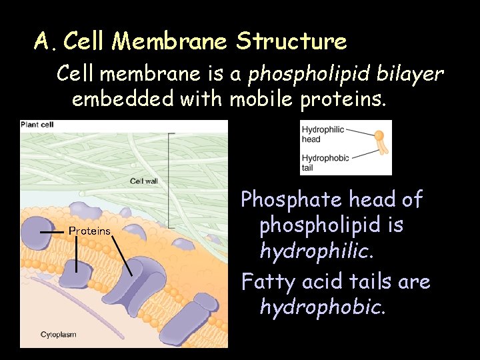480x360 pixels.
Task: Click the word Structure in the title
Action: [291, 41]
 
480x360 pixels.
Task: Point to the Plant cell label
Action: [37, 125]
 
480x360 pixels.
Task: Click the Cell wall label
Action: [145, 181]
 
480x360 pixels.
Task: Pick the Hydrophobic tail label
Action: [324, 163]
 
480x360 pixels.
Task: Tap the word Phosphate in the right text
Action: [288, 199]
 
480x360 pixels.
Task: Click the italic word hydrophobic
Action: [322, 307]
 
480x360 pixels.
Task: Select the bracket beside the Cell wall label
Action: [172, 180]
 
